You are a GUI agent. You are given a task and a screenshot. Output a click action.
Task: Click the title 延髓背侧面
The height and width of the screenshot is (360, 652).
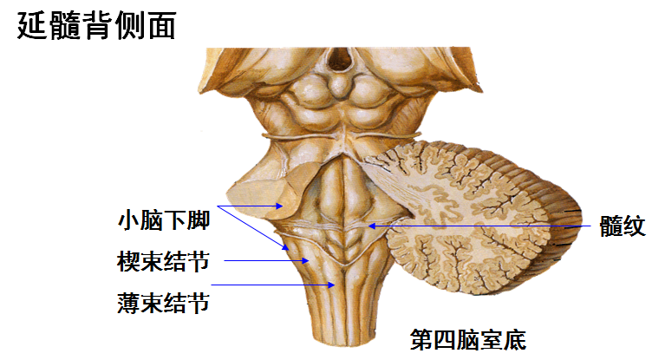click(96, 25)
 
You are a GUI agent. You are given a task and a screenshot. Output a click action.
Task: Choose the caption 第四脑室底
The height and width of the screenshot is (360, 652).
click(468, 337)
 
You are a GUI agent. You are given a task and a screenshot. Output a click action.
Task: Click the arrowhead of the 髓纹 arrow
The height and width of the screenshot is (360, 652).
click(370, 226)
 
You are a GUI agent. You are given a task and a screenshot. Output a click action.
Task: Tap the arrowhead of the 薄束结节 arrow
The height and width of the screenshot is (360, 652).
click(334, 285)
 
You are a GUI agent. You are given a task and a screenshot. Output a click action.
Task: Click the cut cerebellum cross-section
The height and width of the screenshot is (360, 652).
click(468, 217)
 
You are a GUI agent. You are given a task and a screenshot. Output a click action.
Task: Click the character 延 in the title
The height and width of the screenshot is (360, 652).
click(32, 25)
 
